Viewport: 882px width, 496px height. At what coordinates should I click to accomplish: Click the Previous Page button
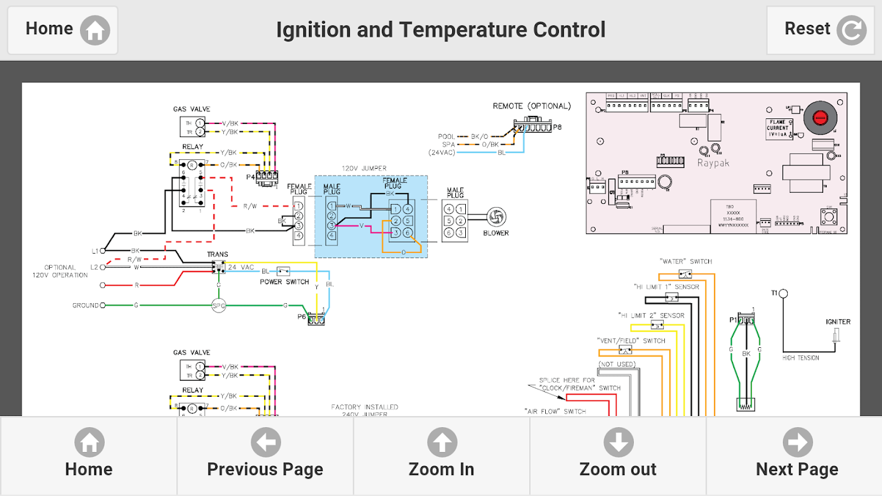(265, 456)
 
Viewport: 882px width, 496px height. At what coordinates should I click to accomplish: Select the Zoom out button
(618, 456)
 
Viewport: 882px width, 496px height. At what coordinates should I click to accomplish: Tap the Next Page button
(796, 456)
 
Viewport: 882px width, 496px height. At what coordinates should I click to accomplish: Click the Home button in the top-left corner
(63, 30)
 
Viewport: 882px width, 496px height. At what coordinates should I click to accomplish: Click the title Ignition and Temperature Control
(440, 30)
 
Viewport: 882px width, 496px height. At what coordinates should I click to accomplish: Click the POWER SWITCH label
(285, 282)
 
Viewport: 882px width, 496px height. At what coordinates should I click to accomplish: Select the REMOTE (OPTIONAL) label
(532, 106)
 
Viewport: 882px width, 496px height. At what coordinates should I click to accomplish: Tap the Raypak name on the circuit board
(713, 163)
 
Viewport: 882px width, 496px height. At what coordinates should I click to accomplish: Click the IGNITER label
(838, 322)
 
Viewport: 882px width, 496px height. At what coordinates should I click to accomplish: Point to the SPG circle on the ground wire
(218, 306)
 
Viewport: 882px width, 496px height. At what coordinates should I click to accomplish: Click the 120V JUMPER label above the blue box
(364, 168)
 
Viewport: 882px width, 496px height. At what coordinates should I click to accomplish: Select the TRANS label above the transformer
(218, 254)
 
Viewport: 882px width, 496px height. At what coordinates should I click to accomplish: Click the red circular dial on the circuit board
(820, 116)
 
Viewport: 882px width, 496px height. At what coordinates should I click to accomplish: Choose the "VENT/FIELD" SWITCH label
(631, 340)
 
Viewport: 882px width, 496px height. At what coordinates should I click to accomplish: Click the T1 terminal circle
(783, 293)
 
